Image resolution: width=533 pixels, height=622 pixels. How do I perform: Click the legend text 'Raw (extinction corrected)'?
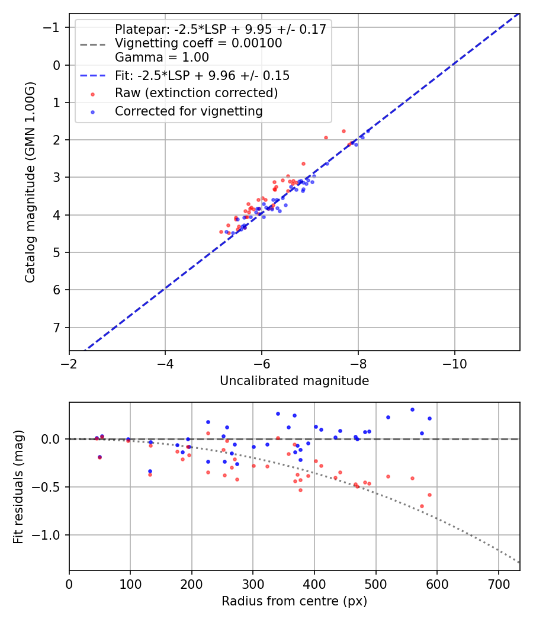196,93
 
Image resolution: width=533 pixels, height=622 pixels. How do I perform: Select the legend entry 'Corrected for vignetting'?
188,111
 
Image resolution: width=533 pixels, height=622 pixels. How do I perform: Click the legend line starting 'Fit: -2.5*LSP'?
202,76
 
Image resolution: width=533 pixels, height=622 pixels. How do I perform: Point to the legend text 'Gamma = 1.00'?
162,57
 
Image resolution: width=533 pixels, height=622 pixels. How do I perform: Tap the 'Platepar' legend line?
220,30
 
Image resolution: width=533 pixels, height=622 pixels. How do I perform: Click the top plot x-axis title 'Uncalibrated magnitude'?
294,381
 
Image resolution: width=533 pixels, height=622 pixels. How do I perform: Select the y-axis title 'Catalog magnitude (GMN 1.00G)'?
30,182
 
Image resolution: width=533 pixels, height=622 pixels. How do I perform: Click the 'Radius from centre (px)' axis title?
294,601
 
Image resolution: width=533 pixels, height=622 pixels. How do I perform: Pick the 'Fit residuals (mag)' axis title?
18,486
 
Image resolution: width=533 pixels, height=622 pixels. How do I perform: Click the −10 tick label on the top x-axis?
454,363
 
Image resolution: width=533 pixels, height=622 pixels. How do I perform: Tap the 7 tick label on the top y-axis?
57,328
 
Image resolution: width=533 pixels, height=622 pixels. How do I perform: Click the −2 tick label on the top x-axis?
69,363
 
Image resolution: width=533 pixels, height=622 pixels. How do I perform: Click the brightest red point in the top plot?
343,131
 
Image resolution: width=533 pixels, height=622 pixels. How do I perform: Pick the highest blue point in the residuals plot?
412,409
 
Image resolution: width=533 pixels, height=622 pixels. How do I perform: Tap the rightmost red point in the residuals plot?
429,495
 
